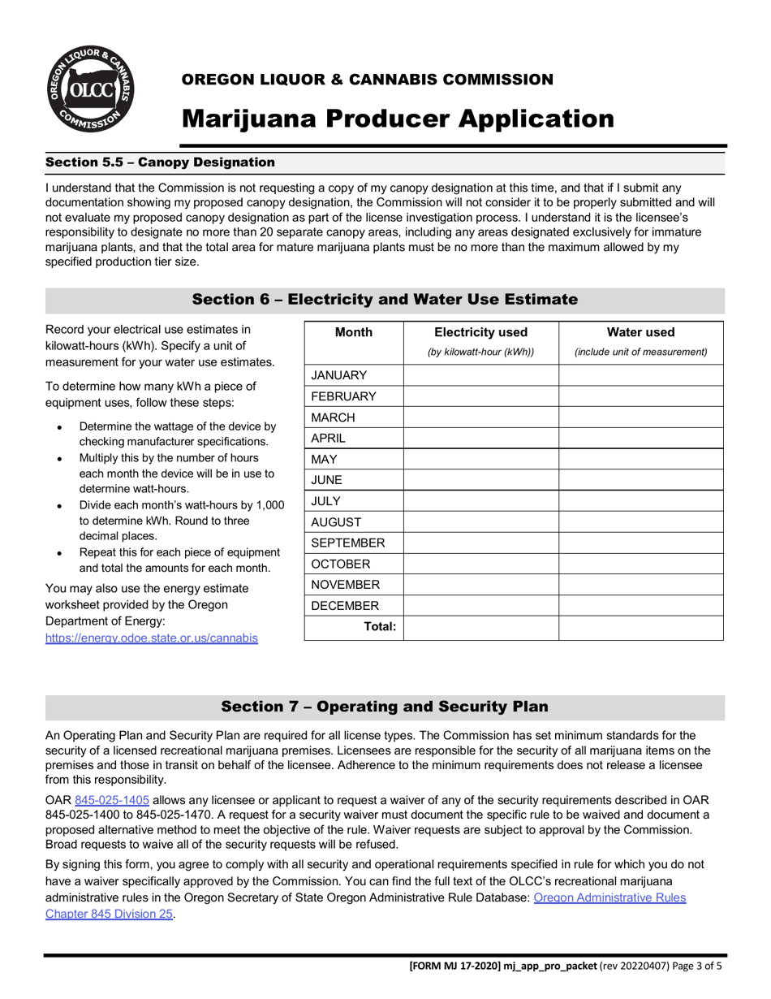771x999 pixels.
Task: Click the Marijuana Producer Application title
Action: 398,119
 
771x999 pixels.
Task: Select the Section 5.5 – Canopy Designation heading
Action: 160,162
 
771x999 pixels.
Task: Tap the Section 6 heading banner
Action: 385,300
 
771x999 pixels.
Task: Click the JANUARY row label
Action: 339,375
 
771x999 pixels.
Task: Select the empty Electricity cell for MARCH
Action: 480,417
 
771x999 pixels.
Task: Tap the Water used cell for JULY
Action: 640,501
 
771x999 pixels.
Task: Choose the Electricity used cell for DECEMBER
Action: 480,606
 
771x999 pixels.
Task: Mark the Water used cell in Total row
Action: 640,627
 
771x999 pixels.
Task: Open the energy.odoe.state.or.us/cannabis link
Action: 152,638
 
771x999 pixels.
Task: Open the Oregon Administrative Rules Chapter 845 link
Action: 609,897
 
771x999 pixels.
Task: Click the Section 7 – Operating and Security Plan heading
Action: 385,707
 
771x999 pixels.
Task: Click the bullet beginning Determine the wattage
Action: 177,434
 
